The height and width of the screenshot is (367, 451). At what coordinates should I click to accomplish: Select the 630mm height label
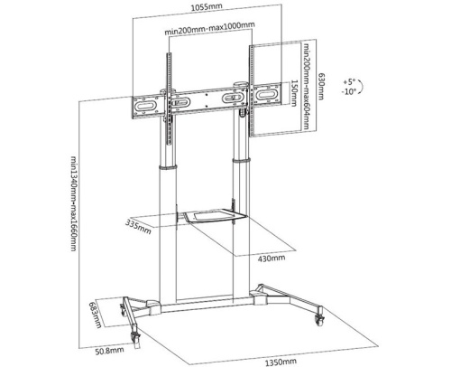pyautogui.click(x=322, y=86)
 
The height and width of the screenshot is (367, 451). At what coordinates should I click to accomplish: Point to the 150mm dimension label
pyautogui.click(x=294, y=93)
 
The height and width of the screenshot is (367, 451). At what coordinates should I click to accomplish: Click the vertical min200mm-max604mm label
pyautogui.click(x=307, y=87)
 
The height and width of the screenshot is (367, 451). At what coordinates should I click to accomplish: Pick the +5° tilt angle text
pyautogui.click(x=349, y=82)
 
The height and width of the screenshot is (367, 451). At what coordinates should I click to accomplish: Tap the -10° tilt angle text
pyautogui.click(x=348, y=91)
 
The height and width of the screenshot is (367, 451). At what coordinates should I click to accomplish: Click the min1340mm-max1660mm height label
pyautogui.click(x=74, y=203)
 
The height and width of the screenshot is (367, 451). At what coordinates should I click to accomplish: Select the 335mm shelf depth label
pyautogui.click(x=138, y=227)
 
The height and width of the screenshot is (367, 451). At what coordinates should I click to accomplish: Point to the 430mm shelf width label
pyautogui.click(x=271, y=258)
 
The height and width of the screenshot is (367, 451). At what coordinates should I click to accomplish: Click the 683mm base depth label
pyautogui.click(x=97, y=315)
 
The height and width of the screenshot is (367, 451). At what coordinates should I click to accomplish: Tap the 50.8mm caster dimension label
pyautogui.click(x=109, y=351)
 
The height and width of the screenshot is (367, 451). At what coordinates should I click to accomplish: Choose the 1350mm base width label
pyautogui.click(x=281, y=362)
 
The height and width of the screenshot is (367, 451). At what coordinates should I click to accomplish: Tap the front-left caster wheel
pyautogui.click(x=135, y=340)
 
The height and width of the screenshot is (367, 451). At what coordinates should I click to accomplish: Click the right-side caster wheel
pyautogui.click(x=319, y=318)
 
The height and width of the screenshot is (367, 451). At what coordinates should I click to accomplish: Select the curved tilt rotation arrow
pyautogui.click(x=361, y=87)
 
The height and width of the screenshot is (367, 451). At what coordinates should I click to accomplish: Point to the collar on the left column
pyautogui.click(x=168, y=167)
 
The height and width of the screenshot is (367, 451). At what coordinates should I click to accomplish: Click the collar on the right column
pyautogui.click(x=241, y=160)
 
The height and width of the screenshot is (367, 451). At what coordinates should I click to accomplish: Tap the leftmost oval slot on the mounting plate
pyautogui.click(x=145, y=107)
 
